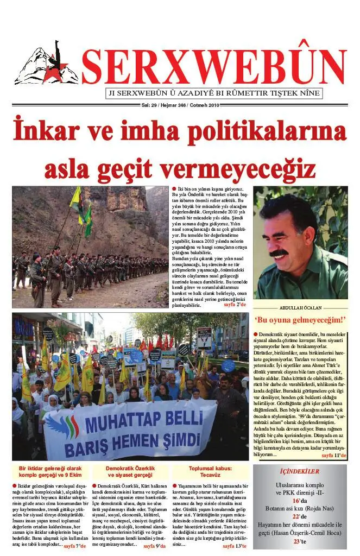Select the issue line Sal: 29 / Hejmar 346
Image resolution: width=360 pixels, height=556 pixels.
coord(179,105)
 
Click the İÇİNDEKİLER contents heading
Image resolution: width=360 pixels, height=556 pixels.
coord(299,471)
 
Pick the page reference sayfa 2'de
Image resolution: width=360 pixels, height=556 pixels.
coord(235,305)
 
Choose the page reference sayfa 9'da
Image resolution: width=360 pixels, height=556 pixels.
coord(154,546)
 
